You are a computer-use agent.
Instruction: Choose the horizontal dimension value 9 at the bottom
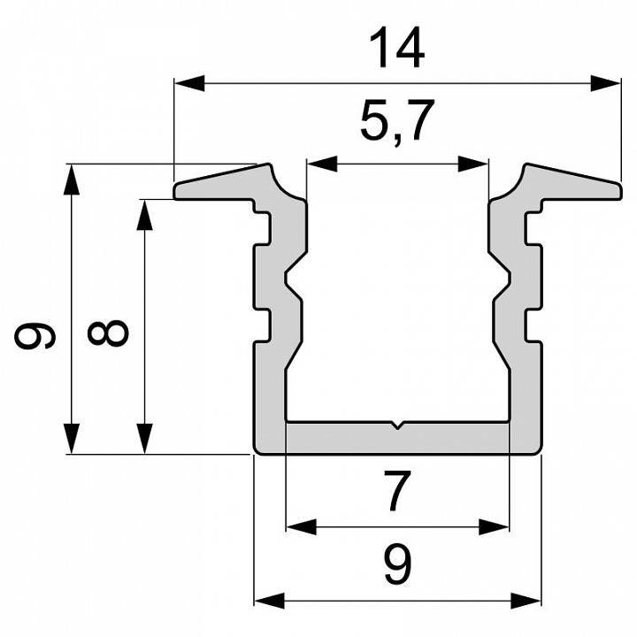[x=397, y=561]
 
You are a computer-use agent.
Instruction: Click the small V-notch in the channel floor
[x=399, y=426]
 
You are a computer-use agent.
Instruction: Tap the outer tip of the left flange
[x=177, y=192]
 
